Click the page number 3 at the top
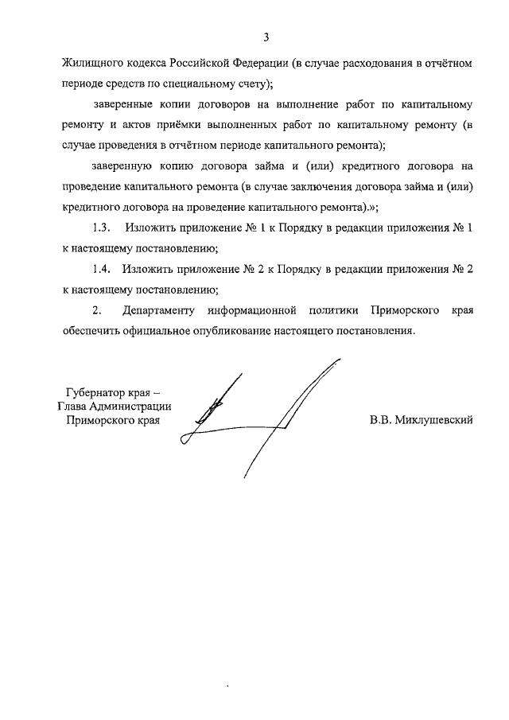point(267,37)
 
